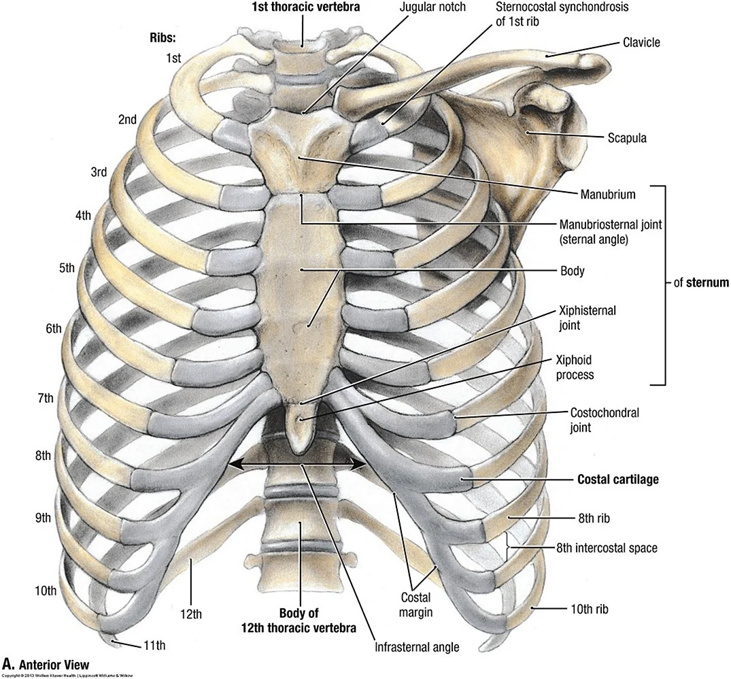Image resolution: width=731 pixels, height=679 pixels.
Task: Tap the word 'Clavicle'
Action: pyautogui.click(x=641, y=42)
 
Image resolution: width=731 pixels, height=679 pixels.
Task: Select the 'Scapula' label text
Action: pyautogui.click(x=626, y=138)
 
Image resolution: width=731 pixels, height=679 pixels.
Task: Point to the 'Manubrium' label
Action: pyautogui.click(x=607, y=195)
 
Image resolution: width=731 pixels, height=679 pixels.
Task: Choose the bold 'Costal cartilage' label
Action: pyautogui.click(x=617, y=480)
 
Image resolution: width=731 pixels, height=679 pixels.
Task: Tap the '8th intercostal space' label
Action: pyautogui.click(x=607, y=547)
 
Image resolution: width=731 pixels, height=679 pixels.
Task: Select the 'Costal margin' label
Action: pyautogui.click(x=417, y=604)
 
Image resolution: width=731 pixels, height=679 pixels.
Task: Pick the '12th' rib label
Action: pyautogui.click(x=192, y=614)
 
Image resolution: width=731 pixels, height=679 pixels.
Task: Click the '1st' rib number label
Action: pyautogui.click(x=174, y=58)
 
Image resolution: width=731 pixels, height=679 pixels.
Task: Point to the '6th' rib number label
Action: pyautogui.click(x=54, y=329)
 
